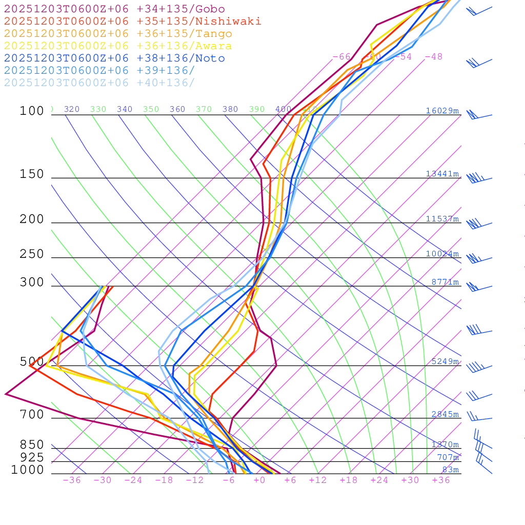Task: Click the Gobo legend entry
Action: click(114, 9)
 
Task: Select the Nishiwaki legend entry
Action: click(132, 21)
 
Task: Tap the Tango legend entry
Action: click(118, 34)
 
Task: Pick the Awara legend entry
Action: click(118, 46)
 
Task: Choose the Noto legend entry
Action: click(114, 58)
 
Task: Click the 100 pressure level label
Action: click(32, 111)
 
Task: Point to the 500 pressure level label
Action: click(32, 362)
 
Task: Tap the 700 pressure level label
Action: click(32, 415)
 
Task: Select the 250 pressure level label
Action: click(32, 254)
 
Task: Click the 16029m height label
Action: click(442, 111)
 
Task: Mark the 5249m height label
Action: click(445, 361)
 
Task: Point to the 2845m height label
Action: click(445, 414)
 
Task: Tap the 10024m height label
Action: click(442, 254)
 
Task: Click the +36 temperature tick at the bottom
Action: click(441, 480)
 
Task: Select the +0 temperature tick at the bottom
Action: click(259, 480)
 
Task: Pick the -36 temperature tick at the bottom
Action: click(71, 480)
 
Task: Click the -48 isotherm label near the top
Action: click(433, 56)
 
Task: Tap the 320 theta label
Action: click(72, 109)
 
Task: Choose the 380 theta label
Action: click(230, 109)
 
